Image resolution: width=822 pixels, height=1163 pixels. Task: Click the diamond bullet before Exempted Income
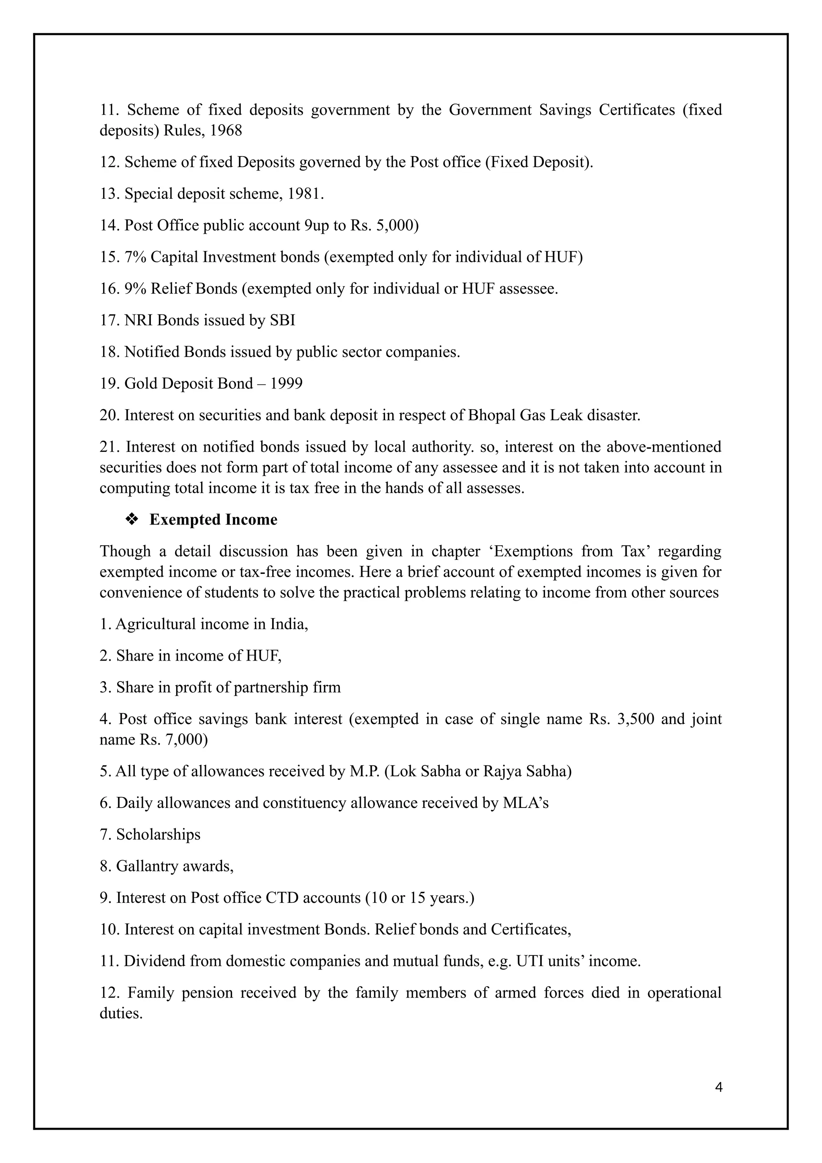(x=132, y=520)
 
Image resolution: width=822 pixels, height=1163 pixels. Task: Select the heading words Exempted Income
(x=213, y=520)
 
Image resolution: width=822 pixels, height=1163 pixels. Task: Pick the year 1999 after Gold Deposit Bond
(x=286, y=384)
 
